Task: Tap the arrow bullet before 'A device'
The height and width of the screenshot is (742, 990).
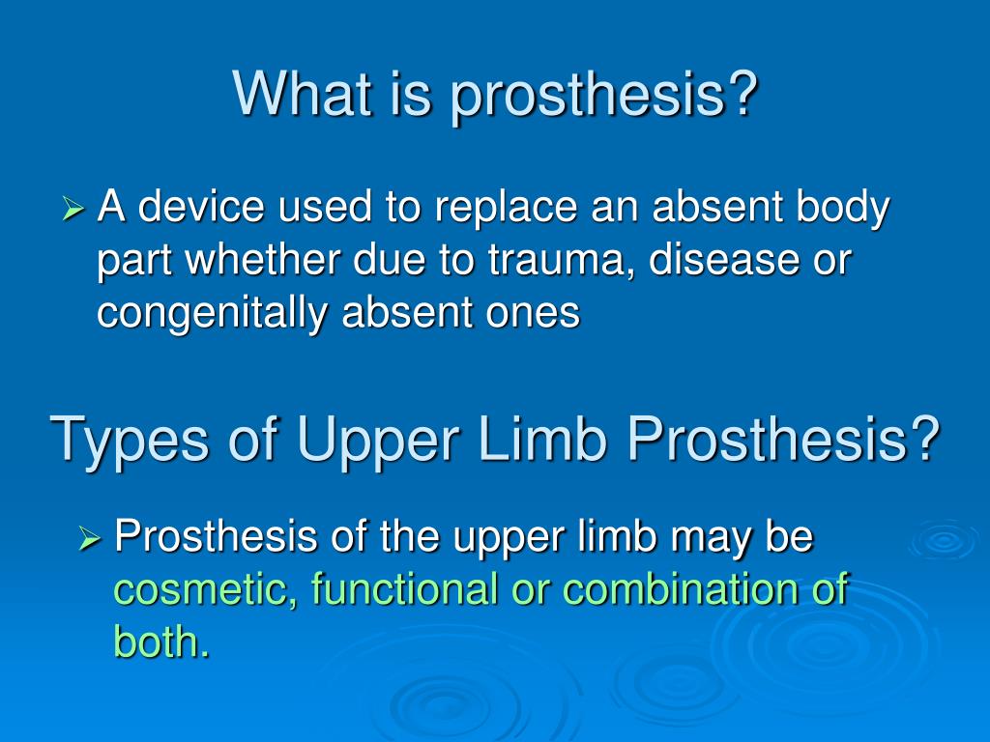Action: coord(75,208)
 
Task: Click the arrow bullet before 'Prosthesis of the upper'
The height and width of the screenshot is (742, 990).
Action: coord(91,536)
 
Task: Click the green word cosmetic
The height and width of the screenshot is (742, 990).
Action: coord(205,589)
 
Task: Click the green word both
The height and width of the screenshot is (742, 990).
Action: coord(160,642)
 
